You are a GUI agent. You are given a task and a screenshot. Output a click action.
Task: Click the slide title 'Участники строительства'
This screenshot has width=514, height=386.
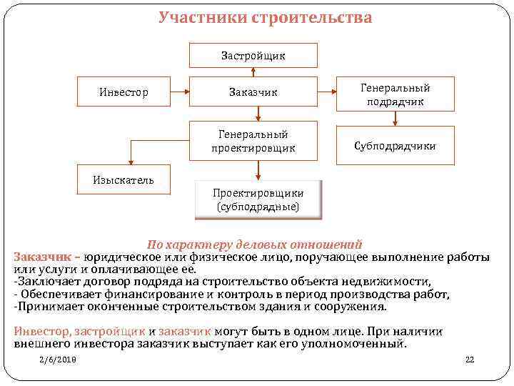(265, 16)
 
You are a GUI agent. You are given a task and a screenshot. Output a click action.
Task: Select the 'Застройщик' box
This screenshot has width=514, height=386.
(253, 55)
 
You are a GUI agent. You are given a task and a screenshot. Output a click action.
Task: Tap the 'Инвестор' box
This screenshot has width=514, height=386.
(123, 91)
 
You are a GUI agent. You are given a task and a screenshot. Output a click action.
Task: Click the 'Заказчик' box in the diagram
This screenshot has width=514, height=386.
(253, 91)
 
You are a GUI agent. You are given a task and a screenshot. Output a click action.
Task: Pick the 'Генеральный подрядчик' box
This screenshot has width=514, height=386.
(395, 94)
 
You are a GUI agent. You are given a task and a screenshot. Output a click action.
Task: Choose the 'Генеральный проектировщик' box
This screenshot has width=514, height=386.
(253, 140)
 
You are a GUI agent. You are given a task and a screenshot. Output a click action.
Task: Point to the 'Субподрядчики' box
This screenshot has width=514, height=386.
(395, 146)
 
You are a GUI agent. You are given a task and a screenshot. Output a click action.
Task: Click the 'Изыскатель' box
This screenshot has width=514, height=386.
(123, 179)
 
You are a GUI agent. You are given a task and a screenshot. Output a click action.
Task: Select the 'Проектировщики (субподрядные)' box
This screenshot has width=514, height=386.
(258, 199)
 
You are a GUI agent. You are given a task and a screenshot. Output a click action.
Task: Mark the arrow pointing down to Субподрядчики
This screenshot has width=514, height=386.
(395, 119)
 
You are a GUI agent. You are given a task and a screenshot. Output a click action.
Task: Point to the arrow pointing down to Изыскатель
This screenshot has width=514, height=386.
(130, 152)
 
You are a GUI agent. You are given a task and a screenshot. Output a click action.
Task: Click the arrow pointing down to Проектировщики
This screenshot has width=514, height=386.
(258, 170)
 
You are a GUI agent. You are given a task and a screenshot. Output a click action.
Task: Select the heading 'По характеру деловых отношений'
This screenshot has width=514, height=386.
(254, 244)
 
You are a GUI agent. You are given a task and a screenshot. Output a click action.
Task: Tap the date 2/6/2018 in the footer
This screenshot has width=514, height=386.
(58, 360)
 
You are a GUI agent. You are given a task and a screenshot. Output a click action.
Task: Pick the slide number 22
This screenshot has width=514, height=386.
(469, 360)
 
